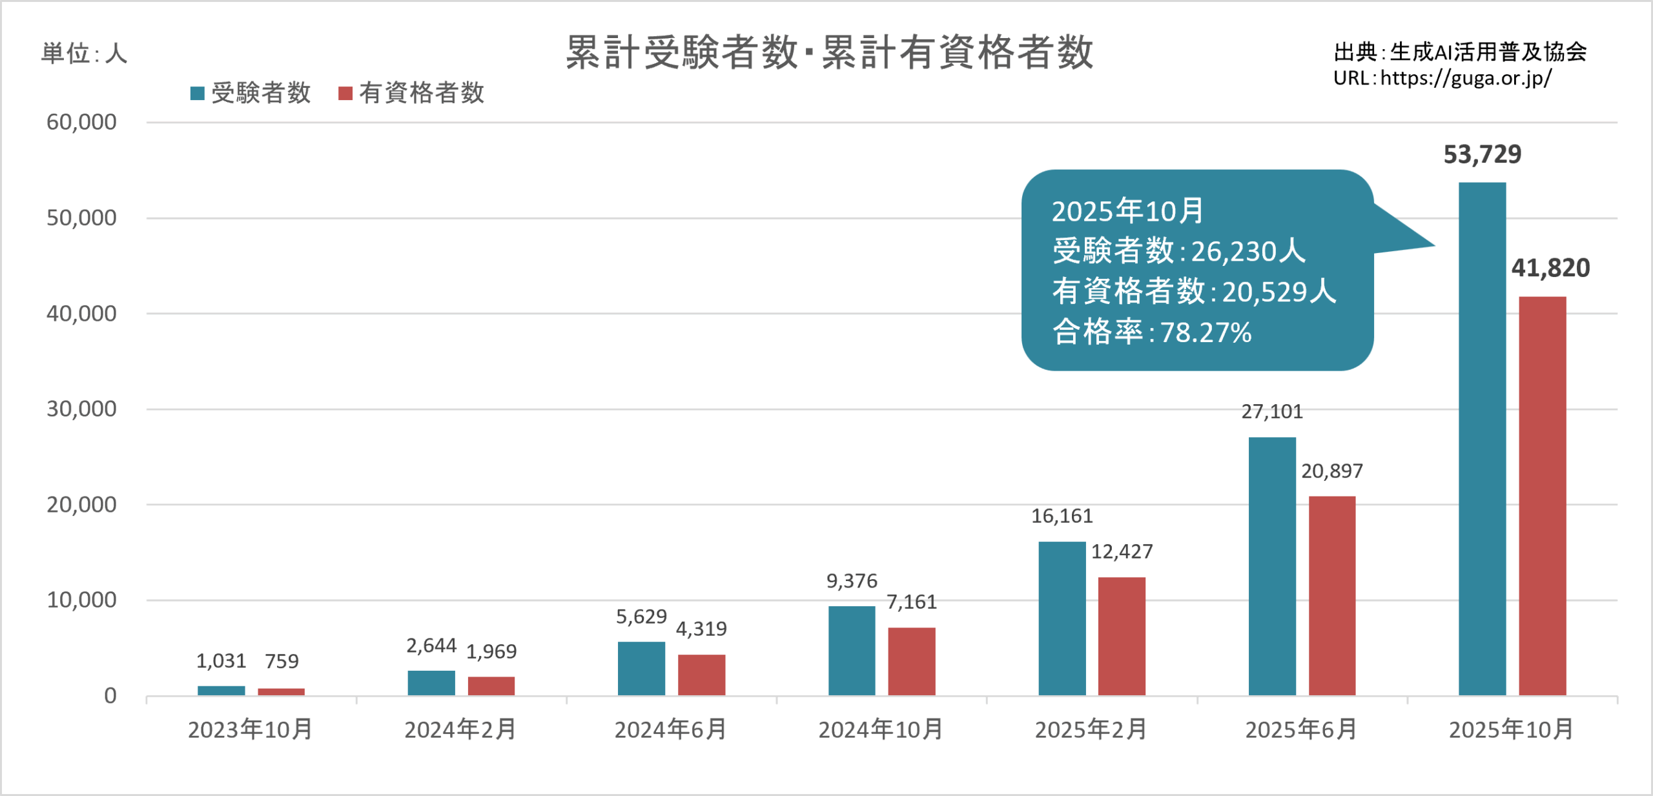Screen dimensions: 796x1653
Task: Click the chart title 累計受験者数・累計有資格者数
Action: pos(829,52)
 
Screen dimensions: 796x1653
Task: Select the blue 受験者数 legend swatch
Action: pos(198,94)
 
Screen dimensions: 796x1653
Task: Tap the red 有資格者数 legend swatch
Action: pos(345,94)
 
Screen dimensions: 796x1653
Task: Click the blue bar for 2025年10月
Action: pos(1482,439)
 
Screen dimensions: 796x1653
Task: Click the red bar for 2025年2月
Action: pos(1122,636)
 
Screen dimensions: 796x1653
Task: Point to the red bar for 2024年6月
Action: pos(701,675)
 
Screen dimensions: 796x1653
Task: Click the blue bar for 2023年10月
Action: pos(221,690)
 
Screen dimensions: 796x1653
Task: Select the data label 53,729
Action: pos(1482,154)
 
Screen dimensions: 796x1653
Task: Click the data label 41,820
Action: pos(1550,268)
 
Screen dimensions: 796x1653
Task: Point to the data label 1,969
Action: pos(491,651)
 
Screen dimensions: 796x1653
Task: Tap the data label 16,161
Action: pos(1062,516)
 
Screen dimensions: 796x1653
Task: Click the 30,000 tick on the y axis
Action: pos(81,409)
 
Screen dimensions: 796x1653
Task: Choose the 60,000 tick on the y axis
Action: pos(81,122)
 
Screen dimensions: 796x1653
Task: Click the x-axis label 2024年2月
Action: pos(460,730)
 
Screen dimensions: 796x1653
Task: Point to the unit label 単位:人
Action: pos(84,53)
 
